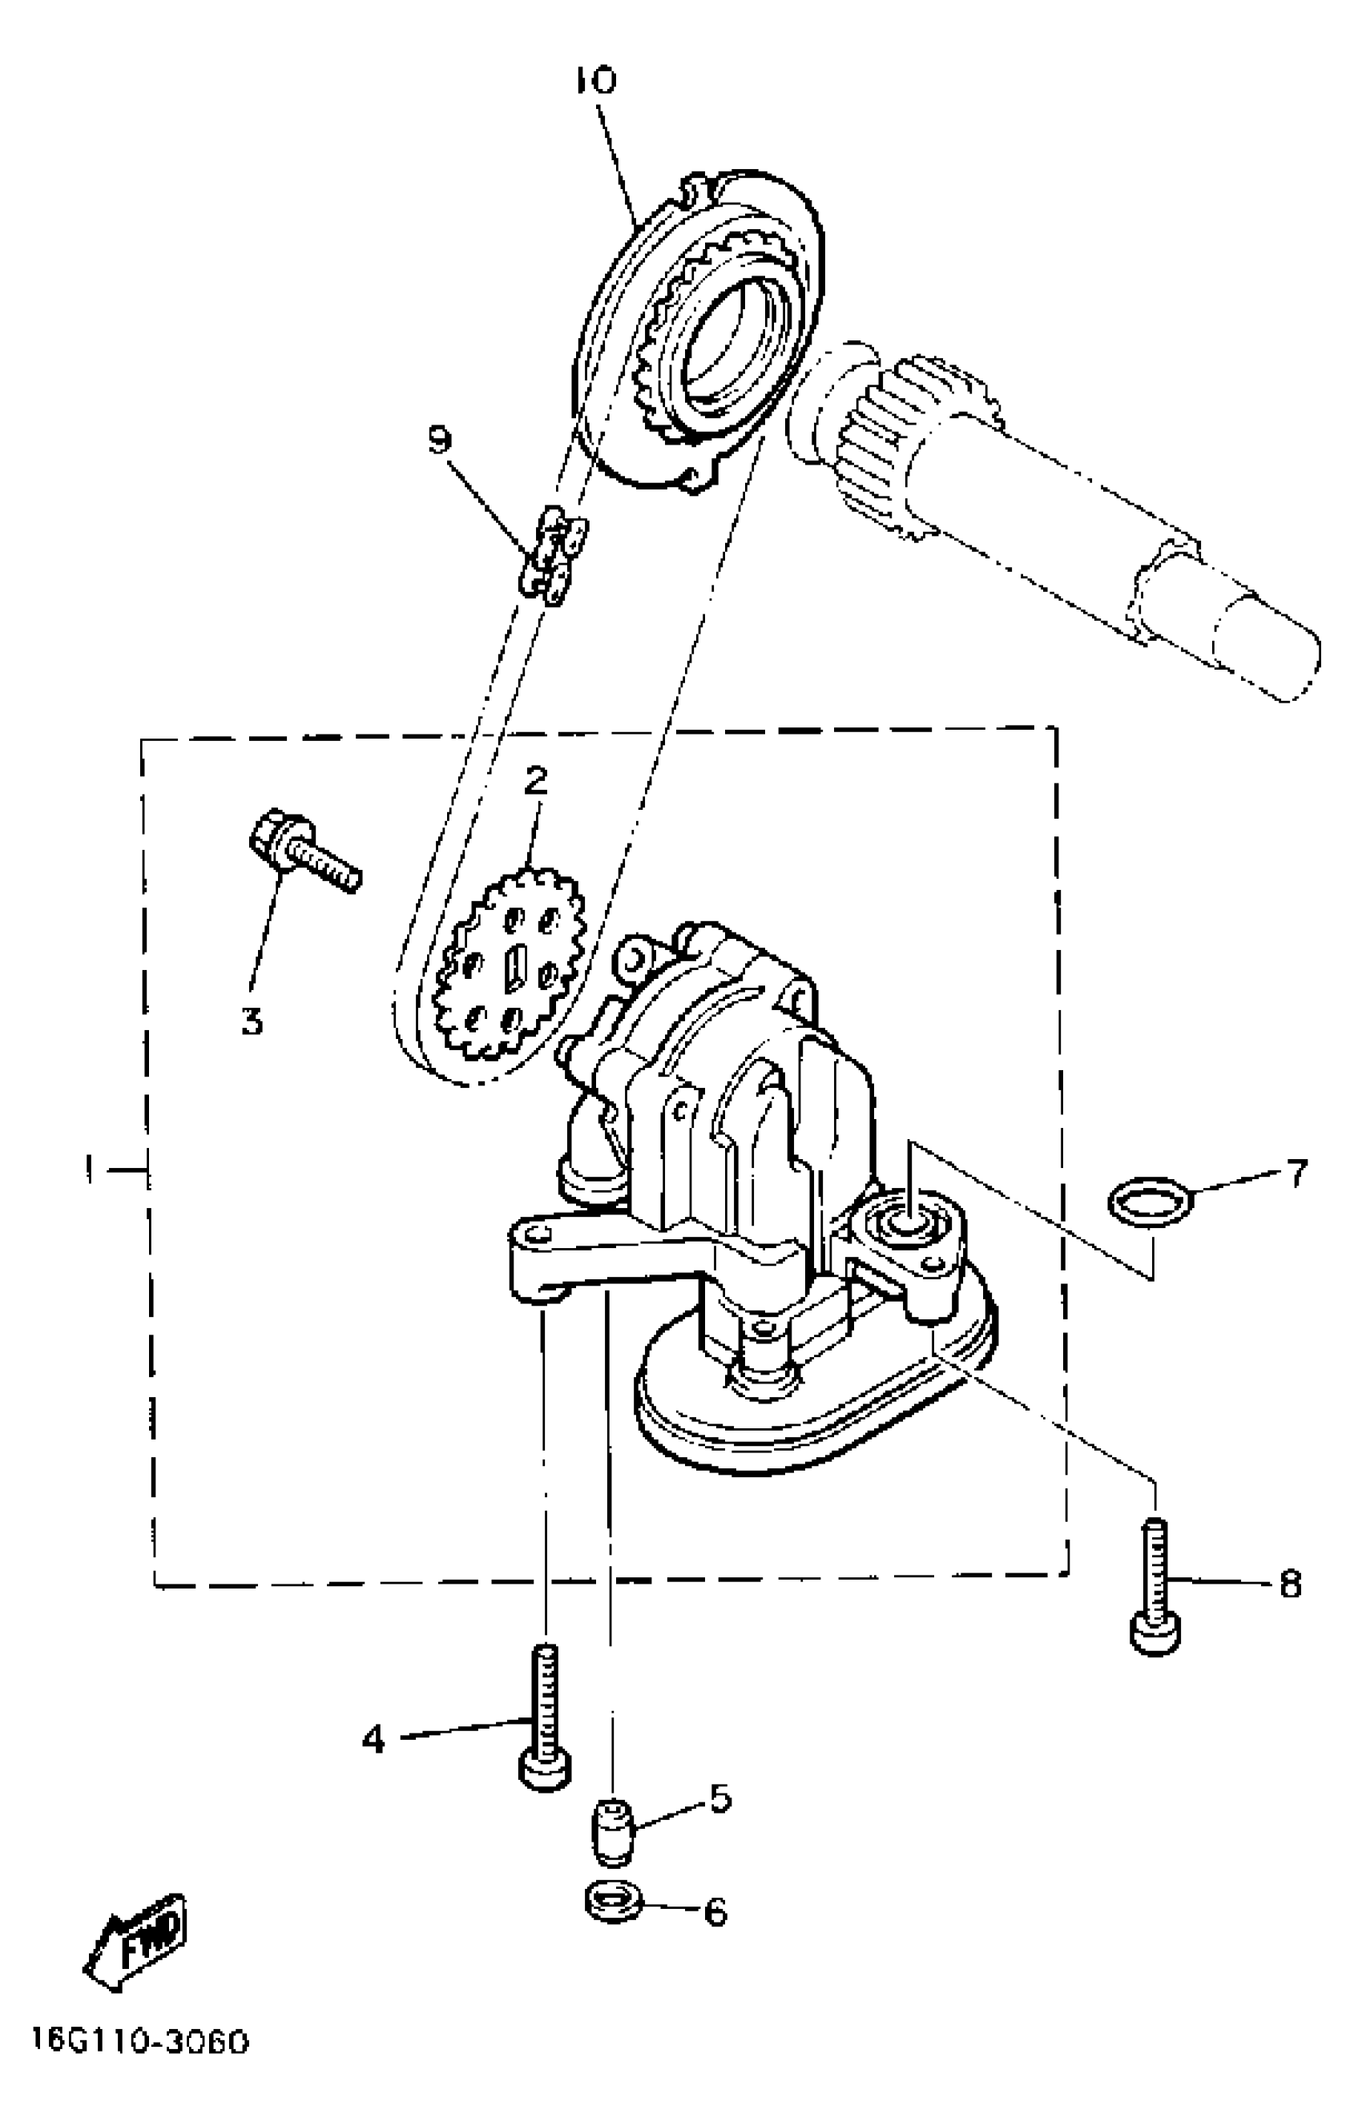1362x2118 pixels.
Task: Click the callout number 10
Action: (x=595, y=82)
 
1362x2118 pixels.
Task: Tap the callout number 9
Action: (x=441, y=441)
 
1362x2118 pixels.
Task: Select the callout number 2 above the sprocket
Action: (x=536, y=780)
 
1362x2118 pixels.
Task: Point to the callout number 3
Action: (x=253, y=1021)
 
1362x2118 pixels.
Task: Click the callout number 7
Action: (x=1296, y=1174)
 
